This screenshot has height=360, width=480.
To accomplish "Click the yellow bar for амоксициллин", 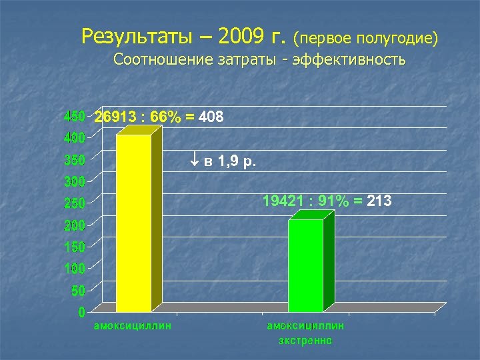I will pyautogui.click(x=133, y=223).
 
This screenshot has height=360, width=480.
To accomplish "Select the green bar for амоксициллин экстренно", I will pyautogui.click(x=305, y=265).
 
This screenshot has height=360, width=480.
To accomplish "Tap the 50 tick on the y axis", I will pyautogui.click(x=77, y=291).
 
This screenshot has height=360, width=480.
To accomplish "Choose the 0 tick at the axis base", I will pyautogui.click(x=81, y=311).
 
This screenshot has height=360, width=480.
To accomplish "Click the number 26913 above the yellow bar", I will pyautogui.click(x=117, y=118).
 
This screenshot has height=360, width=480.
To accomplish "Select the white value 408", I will pyautogui.click(x=211, y=118).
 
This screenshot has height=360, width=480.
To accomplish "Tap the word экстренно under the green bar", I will pyautogui.click(x=305, y=341).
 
